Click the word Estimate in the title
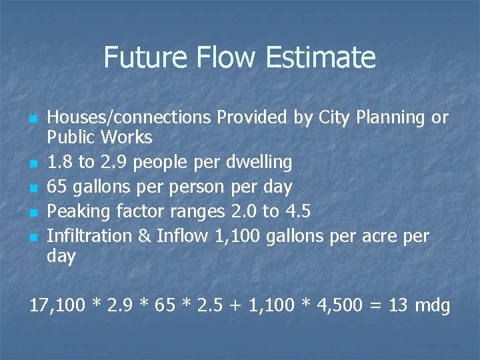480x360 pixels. click(321, 57)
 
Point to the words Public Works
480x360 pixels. click(99, 138)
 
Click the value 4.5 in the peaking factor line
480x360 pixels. click(297, 211)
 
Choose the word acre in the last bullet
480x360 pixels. click(377, 236)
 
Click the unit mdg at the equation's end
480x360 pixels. click(432, 306)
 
